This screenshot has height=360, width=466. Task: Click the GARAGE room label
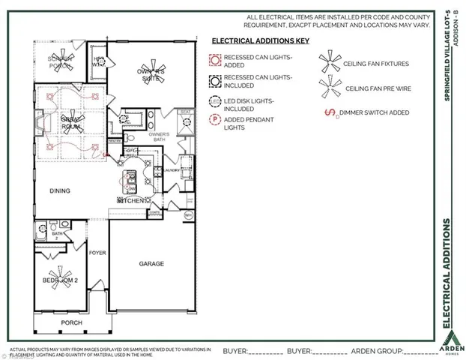click(x=151, y=264)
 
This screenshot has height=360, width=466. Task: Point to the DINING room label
click(x=60, y=190)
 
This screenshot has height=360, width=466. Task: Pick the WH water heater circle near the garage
click(x=189, y=215)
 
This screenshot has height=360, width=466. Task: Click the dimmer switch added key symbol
click(x=327, y=113)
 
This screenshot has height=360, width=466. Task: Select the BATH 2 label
click(x=55, y=235)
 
